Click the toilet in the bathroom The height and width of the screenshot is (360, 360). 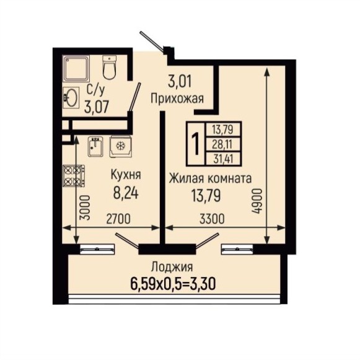coord(108,67)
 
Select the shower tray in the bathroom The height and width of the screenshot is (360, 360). coord(76,69)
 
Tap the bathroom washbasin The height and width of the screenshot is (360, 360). coord(71,97)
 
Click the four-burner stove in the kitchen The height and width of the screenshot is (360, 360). coord(74,176)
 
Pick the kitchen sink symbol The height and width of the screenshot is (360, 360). coord(95,147)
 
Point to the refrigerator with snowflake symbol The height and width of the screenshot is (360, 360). coord(120,146)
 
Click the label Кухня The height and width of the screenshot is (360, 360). coord(126,175)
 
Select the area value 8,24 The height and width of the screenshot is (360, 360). coord(126,193)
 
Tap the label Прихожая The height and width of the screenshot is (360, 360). coord(177,99)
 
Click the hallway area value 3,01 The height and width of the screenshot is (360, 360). coord(180,81)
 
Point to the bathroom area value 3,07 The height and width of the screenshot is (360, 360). coord(96,107)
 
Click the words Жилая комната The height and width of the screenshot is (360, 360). coord(210,178)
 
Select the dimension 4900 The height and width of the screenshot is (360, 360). coord(257,201)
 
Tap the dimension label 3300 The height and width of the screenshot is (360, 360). coord(212,219)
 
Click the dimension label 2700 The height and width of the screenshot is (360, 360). coord(119,219)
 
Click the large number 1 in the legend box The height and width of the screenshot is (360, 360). coord(196,144)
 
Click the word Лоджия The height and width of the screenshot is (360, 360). coord(172,268)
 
